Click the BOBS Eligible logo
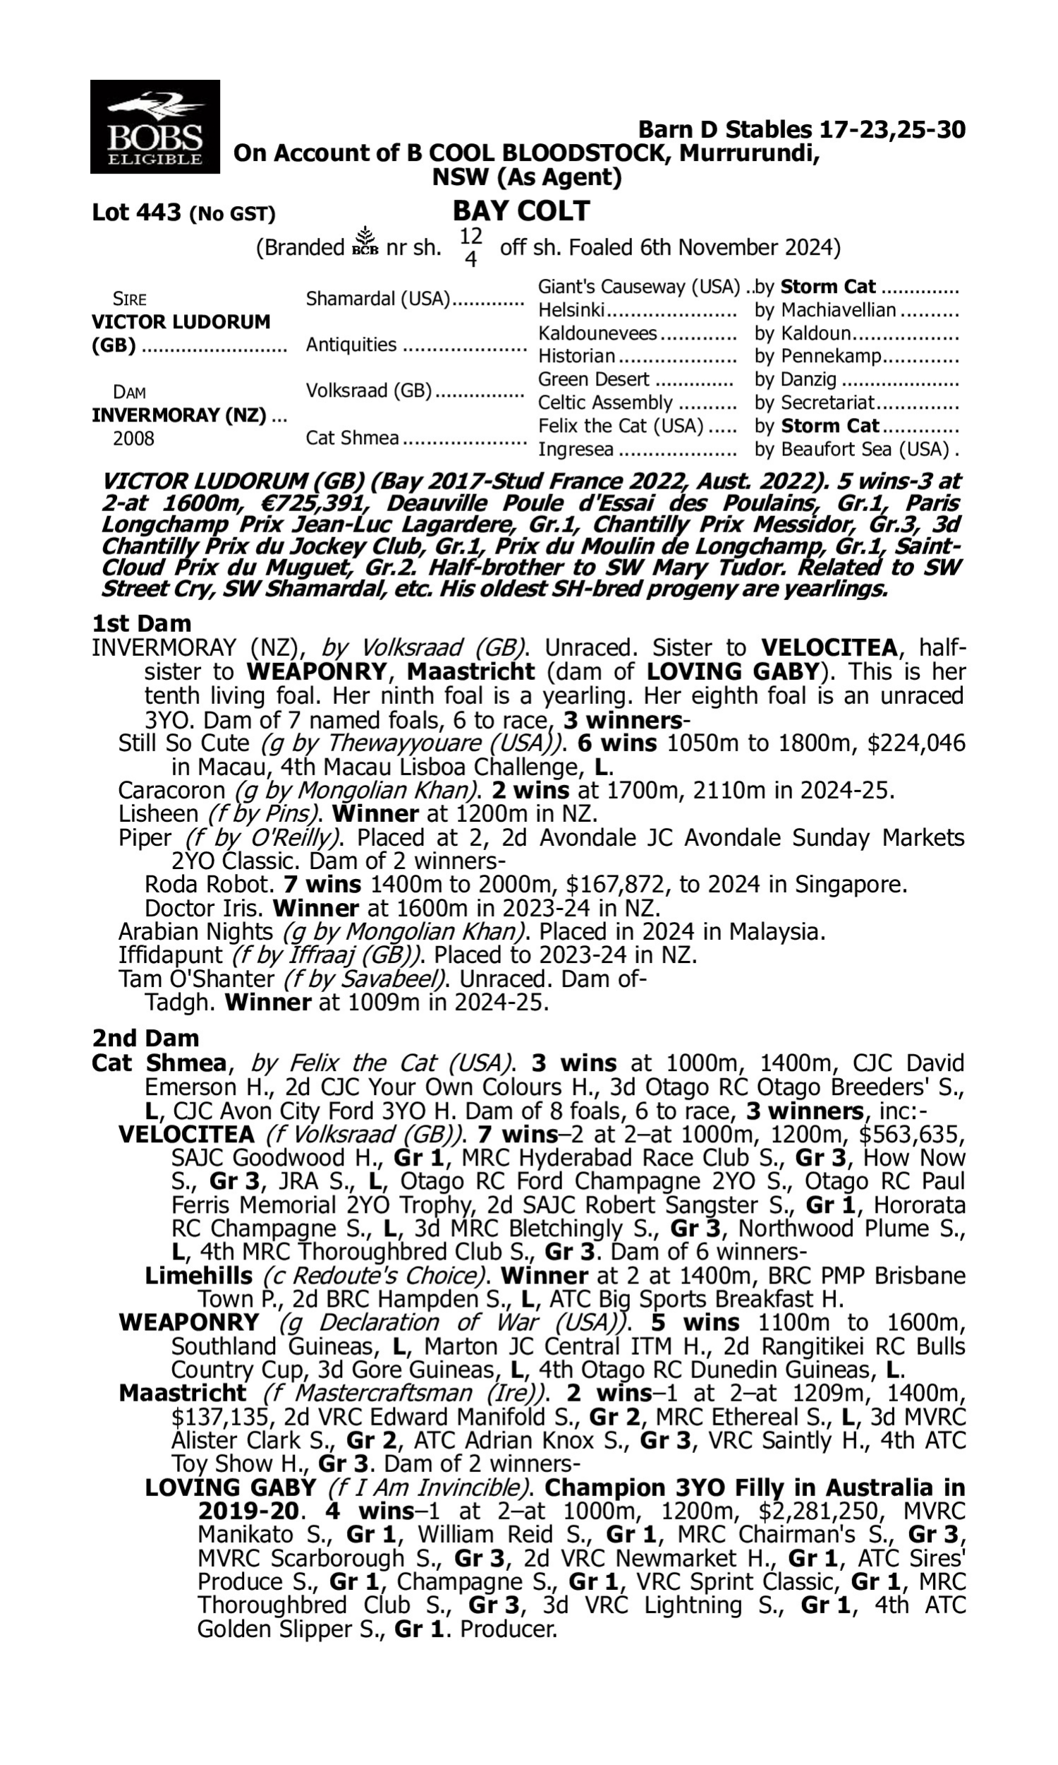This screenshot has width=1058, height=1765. pyautogui.click(x=154, y=127)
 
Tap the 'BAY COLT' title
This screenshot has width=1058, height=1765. pyautogui.click(x=521, y=211)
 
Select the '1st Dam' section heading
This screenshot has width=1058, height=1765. pyautogui.click(x=141, y=623)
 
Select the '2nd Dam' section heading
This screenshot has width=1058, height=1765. pyautogui.click(x=145, y=1038)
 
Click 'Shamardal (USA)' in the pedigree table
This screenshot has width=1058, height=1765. pyautogui.click(x=378, y=299)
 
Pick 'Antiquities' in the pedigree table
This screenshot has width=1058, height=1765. pyautogui.click(x=351, y=345)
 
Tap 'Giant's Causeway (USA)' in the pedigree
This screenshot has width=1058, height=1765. pyautogui.click(x=639, y=287)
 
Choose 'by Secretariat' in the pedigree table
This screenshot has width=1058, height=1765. pyautogui.click(x=814, y=403)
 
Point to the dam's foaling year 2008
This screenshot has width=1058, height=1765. pyautogui.click(x=133, y=438)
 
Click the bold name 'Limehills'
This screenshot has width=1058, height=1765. pyautogui.click(x=198, y=1276)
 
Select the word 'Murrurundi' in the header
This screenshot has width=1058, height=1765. pyautogui.click(x=748, y=152)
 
